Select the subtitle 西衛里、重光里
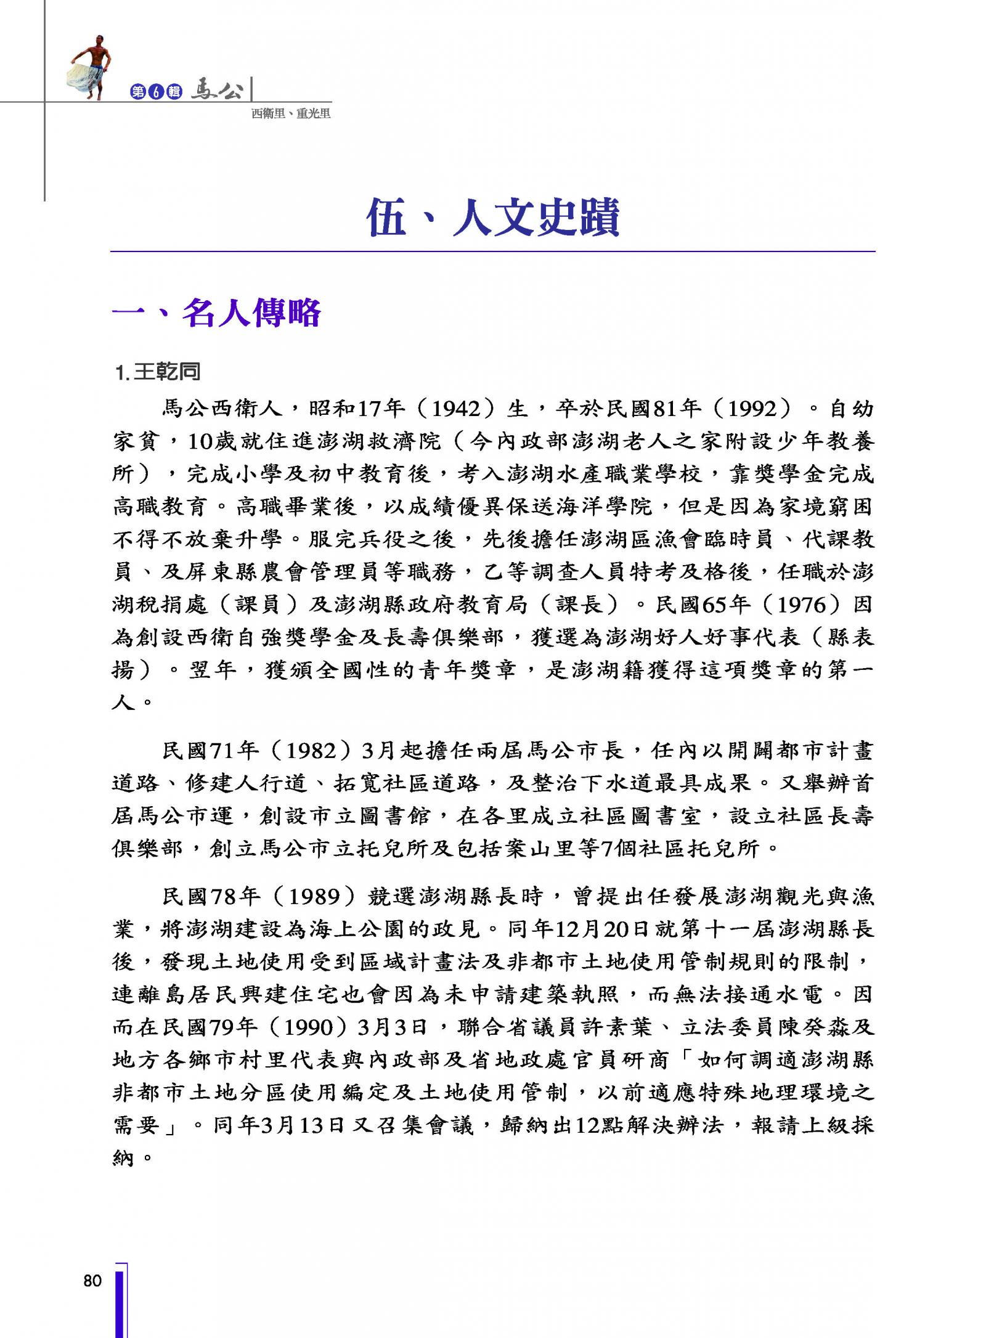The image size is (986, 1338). pyautogui.click(x=291, y=114)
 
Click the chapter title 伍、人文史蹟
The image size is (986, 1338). pyautogui.click(x=492, y=218)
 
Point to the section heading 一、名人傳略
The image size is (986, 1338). pyautogui.click(x=216, y=313)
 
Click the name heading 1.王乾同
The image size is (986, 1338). pyautogui.click(x=158, y=372)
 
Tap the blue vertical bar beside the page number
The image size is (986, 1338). pyautogui.click(x=121, y=1300)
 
